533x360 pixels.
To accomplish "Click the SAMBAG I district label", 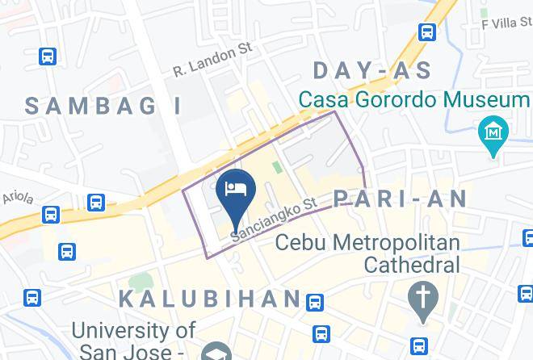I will (103, 105).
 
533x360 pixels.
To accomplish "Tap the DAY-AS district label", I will (372, 70).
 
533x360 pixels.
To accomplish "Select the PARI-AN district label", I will (401, 199).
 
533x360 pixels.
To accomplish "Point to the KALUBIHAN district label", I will (210, 298).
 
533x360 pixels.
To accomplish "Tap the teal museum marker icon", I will (492, 132).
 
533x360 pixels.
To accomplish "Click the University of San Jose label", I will (133, 340).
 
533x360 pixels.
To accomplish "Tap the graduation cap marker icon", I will (214, 353).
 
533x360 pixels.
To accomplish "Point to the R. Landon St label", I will (212, 61).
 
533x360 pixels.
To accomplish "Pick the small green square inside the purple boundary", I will (277, 167).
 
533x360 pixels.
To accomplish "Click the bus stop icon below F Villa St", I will (427, 32).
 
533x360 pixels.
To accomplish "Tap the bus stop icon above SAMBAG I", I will (48, 57).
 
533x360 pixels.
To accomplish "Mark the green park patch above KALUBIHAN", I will (141, 283).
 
